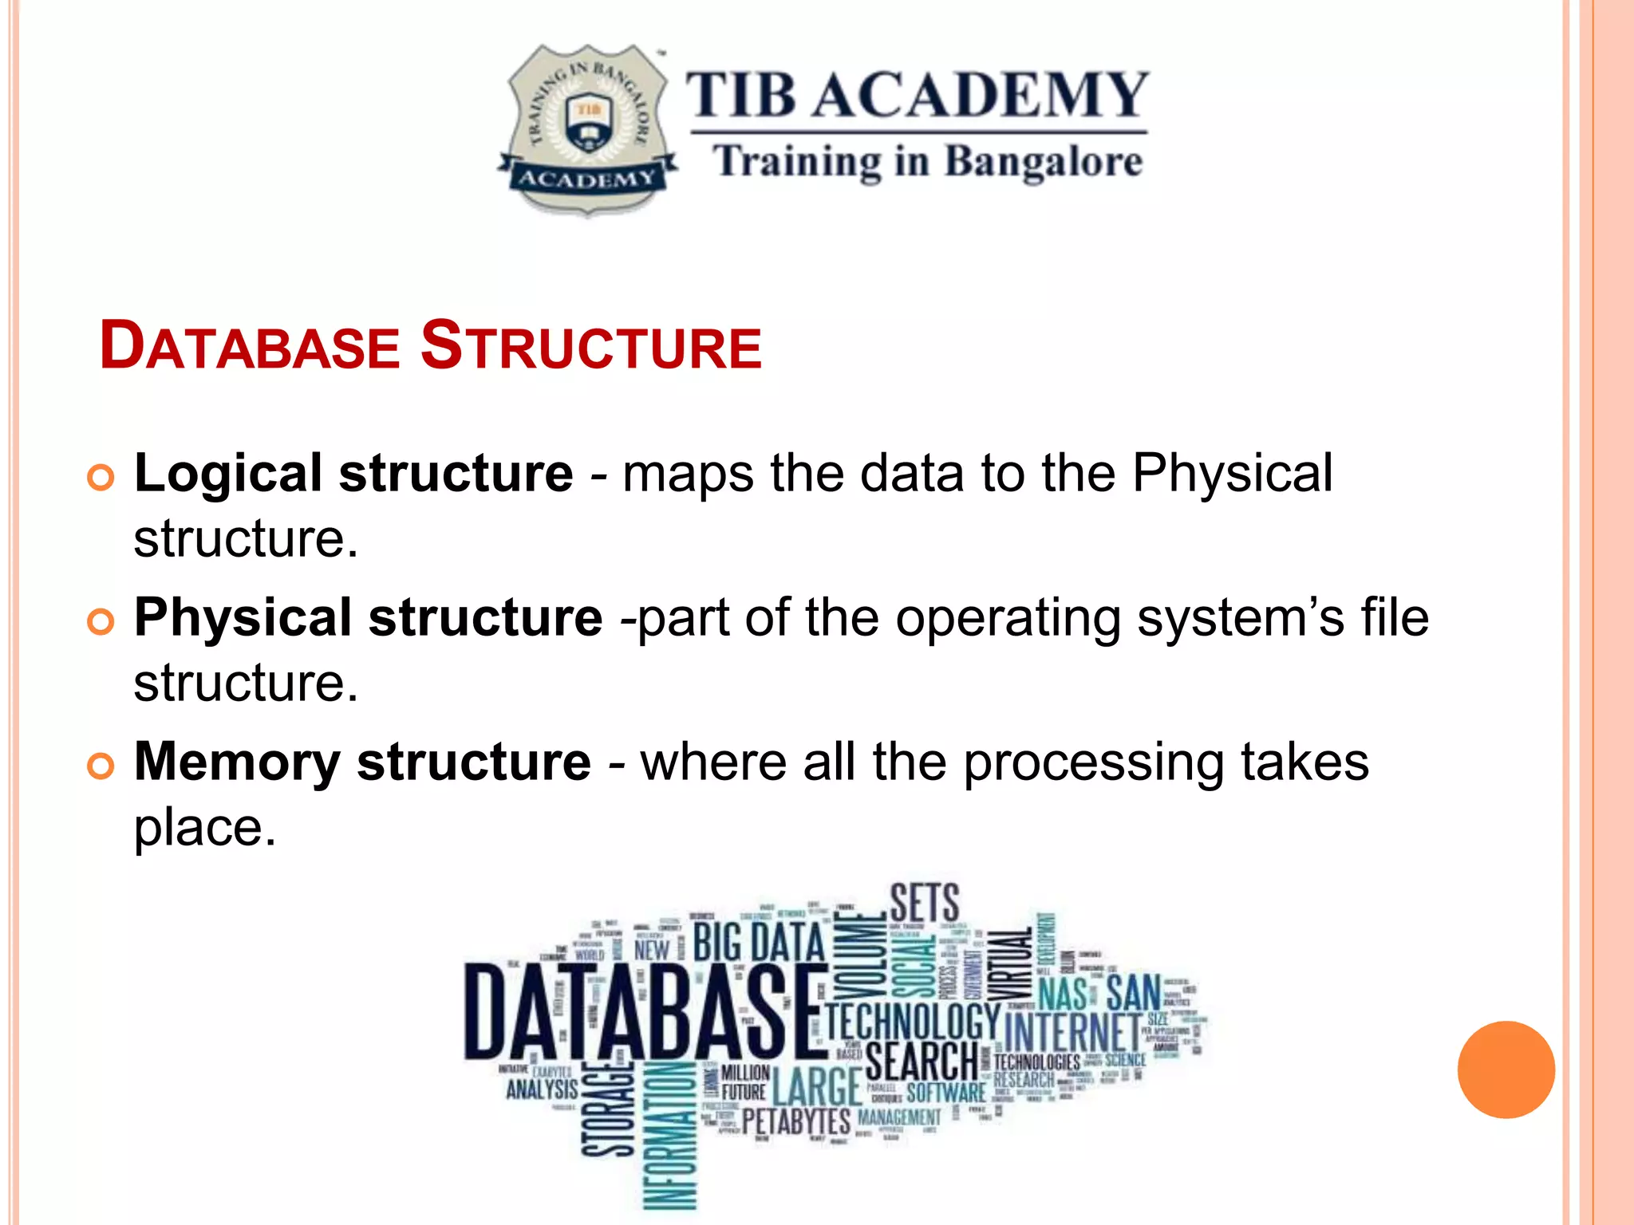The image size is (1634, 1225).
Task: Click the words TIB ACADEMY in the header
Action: [918, 95]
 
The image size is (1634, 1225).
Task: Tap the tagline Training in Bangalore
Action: [928, 162]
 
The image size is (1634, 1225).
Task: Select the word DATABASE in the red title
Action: [250, 347]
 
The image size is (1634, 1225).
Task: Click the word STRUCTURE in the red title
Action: [591, 345]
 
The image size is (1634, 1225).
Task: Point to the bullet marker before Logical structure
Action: [101, 479]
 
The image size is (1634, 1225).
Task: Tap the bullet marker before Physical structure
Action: [101, 622]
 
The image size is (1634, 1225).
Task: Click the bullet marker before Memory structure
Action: [101, 766]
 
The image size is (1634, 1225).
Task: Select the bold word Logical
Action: [227, 474]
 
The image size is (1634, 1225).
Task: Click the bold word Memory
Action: [237, 762]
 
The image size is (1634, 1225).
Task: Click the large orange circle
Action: [1506, 1069]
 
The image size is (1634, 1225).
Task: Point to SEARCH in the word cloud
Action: [922, 1062]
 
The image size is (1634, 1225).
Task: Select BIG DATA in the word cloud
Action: [758, 943]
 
